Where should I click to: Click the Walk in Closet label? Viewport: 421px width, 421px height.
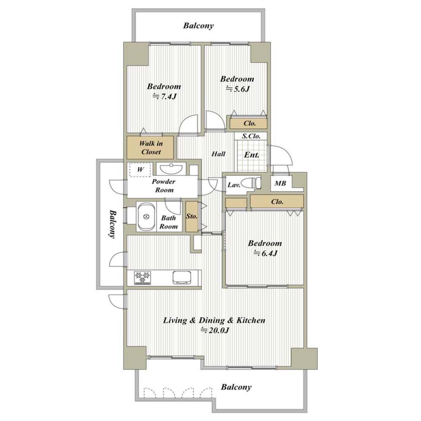coord(151,148)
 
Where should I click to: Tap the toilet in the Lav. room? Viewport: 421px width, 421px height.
coord(251,184)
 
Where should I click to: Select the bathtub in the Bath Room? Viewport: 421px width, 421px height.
coord(146,217)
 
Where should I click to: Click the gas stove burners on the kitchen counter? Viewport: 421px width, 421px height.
coord(143,278)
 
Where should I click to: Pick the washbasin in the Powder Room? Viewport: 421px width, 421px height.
coord(171,169)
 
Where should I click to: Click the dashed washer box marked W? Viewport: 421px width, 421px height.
coord(140,169)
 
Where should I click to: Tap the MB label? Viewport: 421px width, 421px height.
coord(280,184)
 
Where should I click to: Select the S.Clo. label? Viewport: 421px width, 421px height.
coord(251,136)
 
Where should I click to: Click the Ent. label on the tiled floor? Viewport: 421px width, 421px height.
coord(252,155)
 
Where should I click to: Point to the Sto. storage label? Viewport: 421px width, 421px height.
coord(192,216)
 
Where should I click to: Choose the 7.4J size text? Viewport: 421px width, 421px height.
coord(164,96)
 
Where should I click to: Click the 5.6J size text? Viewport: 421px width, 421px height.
coord(238,89)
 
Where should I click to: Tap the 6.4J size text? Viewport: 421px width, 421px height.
coord(265,253)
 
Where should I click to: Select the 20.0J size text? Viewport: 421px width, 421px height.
coord(215,330)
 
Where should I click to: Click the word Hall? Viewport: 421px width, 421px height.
coord(218,154)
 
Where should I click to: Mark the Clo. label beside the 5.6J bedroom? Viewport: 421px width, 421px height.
coord(250,123)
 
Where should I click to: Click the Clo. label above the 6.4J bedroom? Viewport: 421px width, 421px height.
coord(277,201)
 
